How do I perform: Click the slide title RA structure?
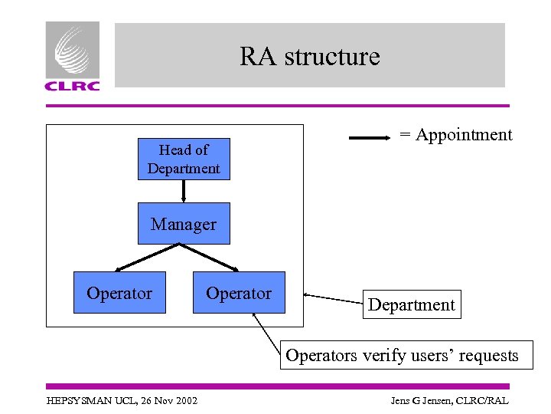[309, 57]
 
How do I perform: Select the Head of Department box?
[184, 159]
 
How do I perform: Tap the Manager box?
[184, 224]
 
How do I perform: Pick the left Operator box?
[119, 293]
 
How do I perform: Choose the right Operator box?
[239, 293]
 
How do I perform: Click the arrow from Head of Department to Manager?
[184, 191]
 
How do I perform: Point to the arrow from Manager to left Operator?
[147, 258]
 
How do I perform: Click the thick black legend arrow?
[370, 139]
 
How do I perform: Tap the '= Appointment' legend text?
[455, 135]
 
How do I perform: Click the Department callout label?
[412, 304]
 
